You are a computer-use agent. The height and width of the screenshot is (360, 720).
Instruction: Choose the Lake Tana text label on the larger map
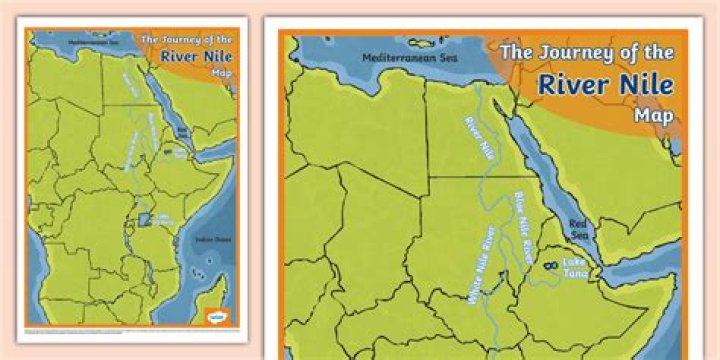(578, 268)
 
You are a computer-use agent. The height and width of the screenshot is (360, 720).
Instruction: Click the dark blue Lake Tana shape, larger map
(550, 267)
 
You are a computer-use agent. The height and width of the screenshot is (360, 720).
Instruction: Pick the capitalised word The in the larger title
(517, 51)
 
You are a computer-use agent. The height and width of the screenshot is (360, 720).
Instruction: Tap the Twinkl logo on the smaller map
(216, 315)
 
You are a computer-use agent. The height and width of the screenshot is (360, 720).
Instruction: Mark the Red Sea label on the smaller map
(182, 130)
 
